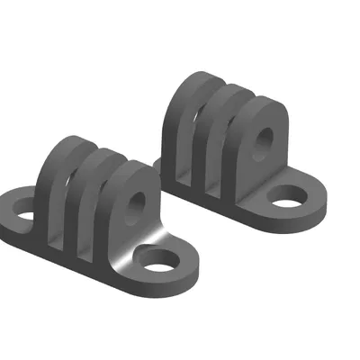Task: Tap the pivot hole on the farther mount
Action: point(265,137)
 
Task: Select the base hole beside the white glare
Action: point(160,263)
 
